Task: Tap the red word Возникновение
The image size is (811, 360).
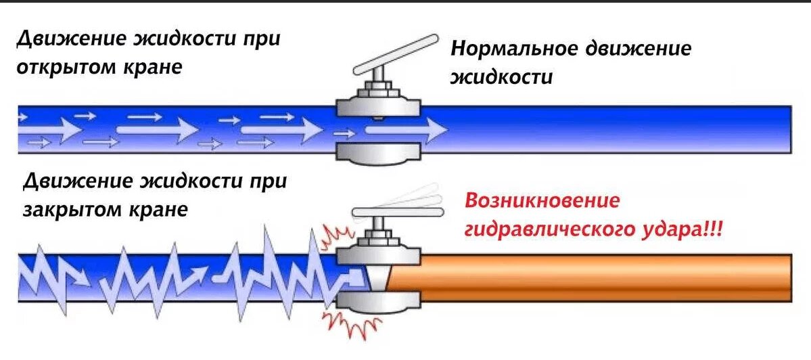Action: pos(541,202)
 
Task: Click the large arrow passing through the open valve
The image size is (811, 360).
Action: pos(406,129)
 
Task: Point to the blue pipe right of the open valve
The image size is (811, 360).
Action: pos(609,129)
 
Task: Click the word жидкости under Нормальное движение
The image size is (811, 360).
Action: pos(502,76)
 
